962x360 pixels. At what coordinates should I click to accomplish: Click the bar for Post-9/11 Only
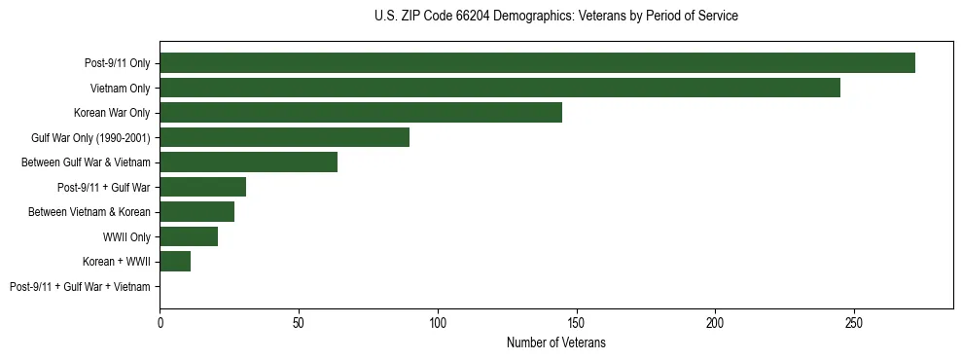point(537,63)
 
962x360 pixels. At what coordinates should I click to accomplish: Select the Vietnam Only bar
point(500,88)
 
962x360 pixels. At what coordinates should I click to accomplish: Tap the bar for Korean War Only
point(361,113)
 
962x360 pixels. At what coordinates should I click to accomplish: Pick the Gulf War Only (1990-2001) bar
point(284,137)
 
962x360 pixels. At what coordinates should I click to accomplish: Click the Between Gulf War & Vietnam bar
point(248,162)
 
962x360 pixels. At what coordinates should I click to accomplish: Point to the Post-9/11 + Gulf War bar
point(202,187)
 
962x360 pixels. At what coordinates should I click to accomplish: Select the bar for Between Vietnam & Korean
point(196,211)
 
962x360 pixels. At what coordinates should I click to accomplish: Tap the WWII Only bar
point(189,236)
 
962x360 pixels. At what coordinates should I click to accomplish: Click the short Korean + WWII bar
point(175,261)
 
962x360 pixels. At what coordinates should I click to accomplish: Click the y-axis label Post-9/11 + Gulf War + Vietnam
point(80,286)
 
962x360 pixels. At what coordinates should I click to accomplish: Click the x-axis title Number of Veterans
point(555,343)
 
